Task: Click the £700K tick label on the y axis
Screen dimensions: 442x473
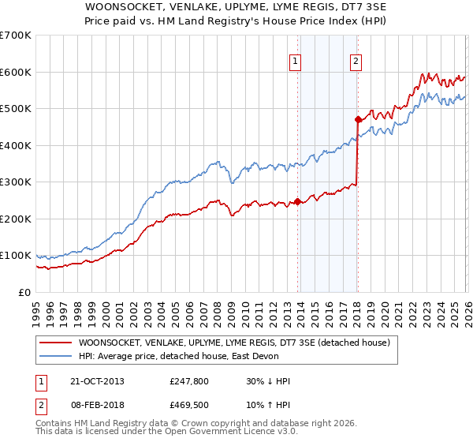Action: (x=16, y=36)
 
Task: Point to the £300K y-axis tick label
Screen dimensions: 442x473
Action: (x=16, y=182)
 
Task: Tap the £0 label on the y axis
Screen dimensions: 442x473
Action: (x=24, y=292)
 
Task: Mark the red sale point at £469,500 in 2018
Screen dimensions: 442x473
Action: (x=357, y=120)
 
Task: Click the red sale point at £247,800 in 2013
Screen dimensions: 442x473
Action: (x=297, y=200)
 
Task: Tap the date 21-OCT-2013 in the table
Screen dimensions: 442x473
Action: (x=97, y=381)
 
